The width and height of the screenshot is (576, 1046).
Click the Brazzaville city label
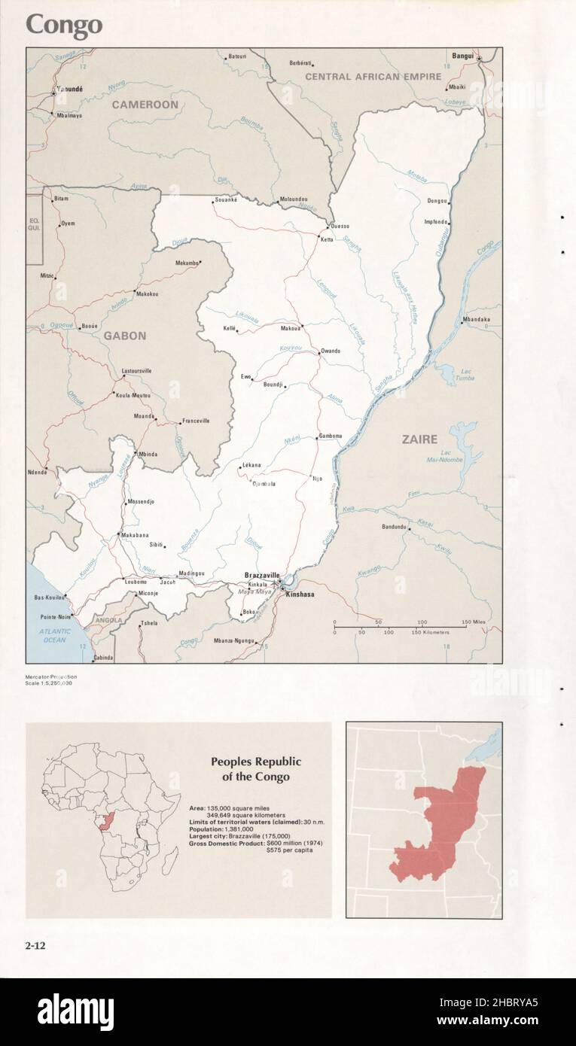point(261,575)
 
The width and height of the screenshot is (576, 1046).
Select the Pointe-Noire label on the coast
point(54,616)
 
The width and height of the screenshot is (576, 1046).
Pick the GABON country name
point(125,336)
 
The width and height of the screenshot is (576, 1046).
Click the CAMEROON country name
point(145,105)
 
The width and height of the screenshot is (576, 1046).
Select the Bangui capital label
point(462,56)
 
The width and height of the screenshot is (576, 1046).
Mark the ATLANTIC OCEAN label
point(54,635)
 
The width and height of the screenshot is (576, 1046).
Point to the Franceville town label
point(195,421)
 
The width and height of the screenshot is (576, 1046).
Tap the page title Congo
point(64,26)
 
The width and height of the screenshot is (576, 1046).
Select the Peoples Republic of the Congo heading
point(255,769)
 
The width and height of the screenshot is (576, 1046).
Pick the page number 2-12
point(35,946)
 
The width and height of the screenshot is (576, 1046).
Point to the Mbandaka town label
point(476,320)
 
